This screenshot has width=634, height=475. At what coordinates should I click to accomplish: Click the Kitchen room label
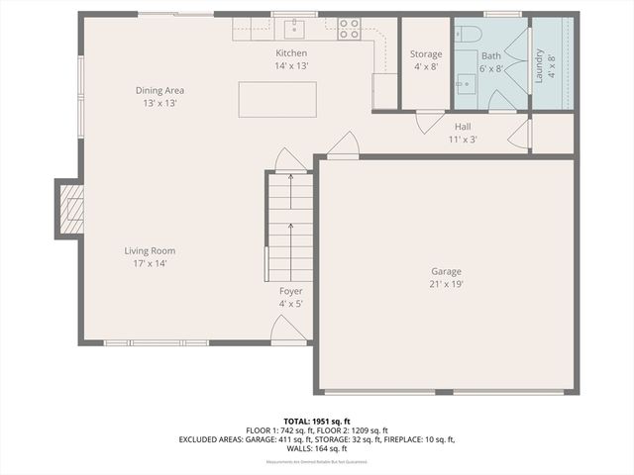[291, 52]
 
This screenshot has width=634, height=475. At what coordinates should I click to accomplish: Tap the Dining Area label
[160, 90]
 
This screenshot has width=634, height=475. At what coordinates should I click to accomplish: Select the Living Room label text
[150, 250]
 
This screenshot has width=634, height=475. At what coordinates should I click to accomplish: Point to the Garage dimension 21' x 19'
[446, 284]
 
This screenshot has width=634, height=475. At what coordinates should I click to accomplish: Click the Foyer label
[291, 291]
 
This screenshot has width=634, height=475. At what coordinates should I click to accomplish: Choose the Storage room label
[426, 54]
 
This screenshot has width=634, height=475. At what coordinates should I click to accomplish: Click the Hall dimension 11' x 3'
[463, 140]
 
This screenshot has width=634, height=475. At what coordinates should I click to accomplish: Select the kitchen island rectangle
[277, 99]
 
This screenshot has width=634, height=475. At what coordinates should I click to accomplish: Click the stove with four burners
[349, 29]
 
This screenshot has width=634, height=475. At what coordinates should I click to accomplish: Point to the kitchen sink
[294, 27]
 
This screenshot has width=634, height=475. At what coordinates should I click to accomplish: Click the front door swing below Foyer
[288, 331]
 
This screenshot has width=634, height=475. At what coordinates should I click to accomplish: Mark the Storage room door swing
[429, 122]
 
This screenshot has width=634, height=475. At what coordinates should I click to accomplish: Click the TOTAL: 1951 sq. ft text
[316, 422]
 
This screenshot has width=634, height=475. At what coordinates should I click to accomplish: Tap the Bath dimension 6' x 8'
[491, 68]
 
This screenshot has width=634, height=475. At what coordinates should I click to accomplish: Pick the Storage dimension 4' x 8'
[426, 67]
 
